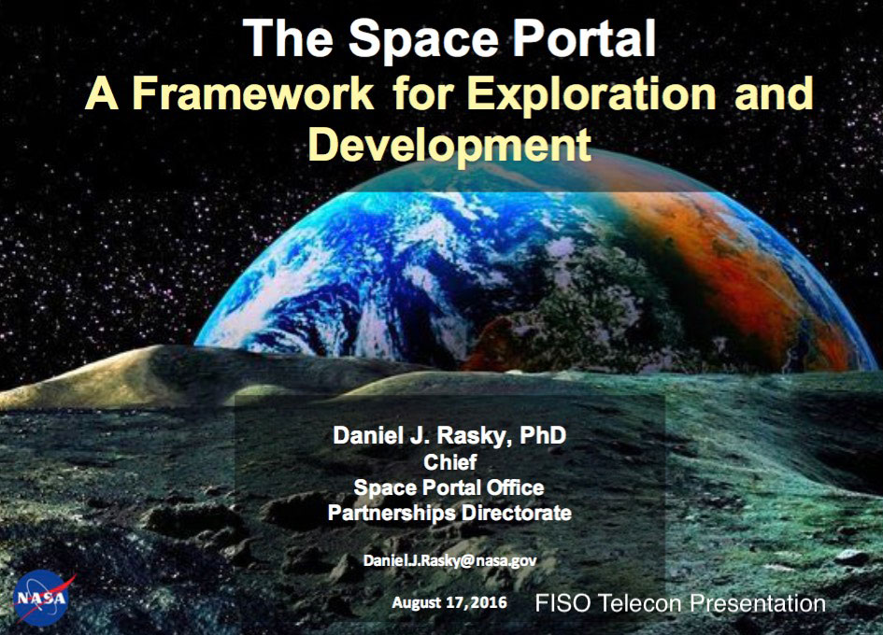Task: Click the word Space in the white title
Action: [423, 38]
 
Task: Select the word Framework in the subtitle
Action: [253, 93]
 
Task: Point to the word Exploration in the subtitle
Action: [591, 94]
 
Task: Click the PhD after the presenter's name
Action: [542, 435]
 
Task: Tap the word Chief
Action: [450, 462]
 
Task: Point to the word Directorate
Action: [517, 513]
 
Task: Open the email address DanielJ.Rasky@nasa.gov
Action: [450, 560]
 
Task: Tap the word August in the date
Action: [418, 603]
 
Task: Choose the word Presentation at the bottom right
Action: [758, 603]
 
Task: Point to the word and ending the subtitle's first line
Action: [775, 93]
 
